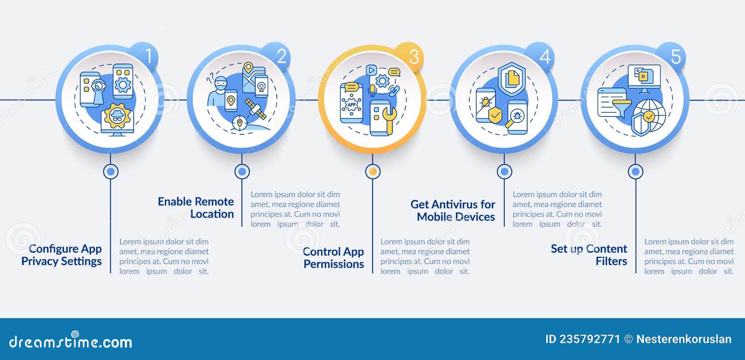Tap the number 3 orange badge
[409, 56]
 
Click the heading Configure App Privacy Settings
[61, 255]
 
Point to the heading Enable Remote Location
[196, 208]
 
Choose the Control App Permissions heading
[333, 258]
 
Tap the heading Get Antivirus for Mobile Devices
[453, 211]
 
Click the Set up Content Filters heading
[589, 255]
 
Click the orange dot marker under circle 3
[373, 172]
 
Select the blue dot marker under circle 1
[111, 172]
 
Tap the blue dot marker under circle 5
[636, 172]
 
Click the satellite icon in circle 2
[256, 109]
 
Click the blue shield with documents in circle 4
[512, 79]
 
